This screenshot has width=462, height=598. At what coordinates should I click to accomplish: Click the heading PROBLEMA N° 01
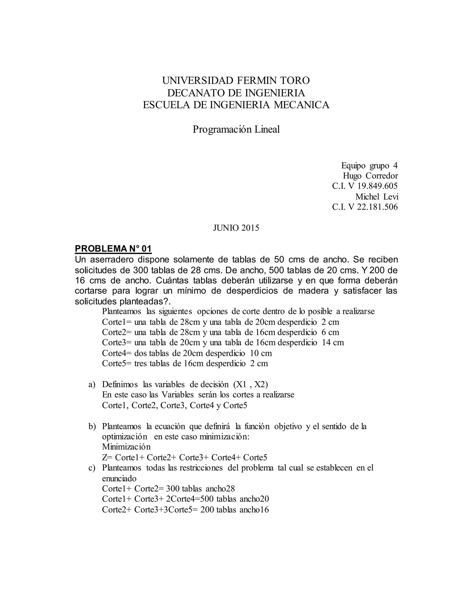[x=113, y=249]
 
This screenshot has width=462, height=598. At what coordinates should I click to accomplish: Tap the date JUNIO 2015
[x=236, y=228]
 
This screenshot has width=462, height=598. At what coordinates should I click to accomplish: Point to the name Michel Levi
[x=377, y=196]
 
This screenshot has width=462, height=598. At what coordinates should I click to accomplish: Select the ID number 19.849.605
[x=377, y=186]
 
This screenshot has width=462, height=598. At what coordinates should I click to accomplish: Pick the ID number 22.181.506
[x=377, y=207]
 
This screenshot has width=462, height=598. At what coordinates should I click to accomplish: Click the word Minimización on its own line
[x=126, y=447]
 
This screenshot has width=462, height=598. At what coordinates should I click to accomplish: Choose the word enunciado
[x=119, y=478]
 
